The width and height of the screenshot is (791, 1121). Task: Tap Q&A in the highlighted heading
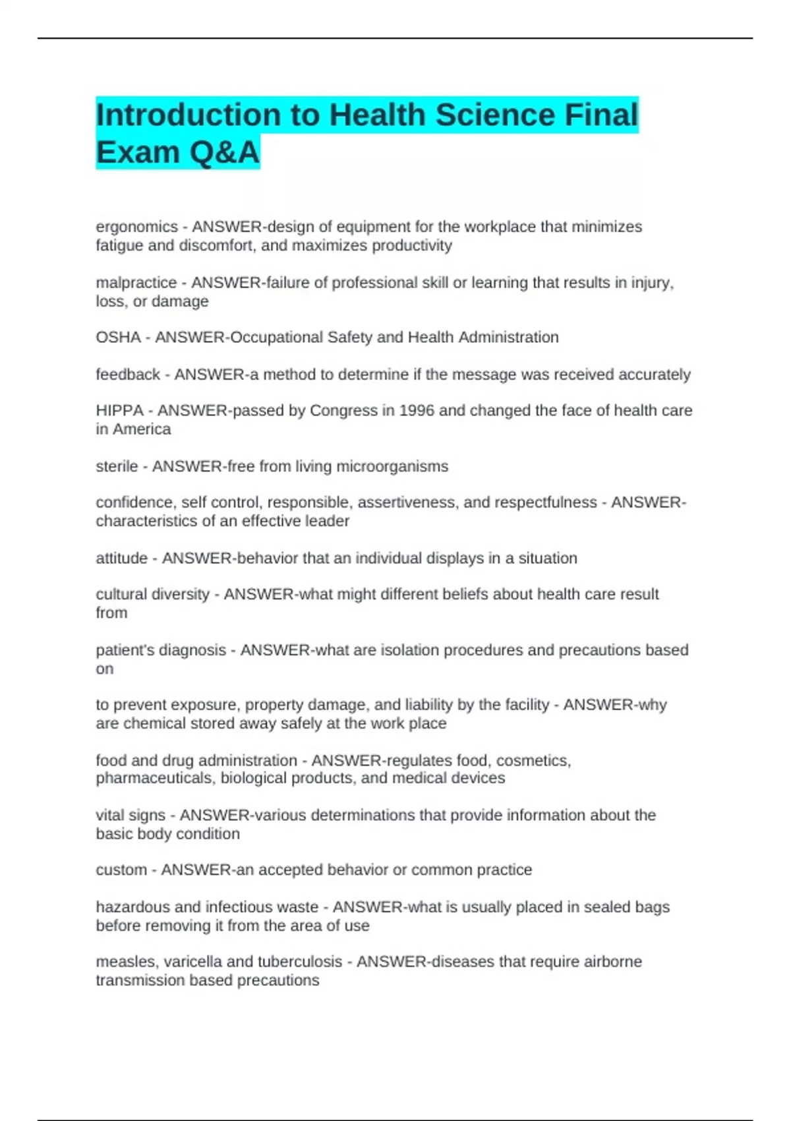(223, 152)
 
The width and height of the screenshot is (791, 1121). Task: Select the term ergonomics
(136, 227)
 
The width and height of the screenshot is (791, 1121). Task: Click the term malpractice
(136, 283)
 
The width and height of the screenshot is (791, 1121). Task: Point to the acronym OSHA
(118, 338)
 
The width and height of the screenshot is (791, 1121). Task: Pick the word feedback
(128, 375)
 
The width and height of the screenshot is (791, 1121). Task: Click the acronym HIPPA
(119, 411)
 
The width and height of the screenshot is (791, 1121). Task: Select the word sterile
(117, 467)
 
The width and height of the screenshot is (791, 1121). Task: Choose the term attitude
(121, 559)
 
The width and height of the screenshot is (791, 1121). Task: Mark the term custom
(121, 870)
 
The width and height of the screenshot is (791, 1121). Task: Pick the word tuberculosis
(300, 962)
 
